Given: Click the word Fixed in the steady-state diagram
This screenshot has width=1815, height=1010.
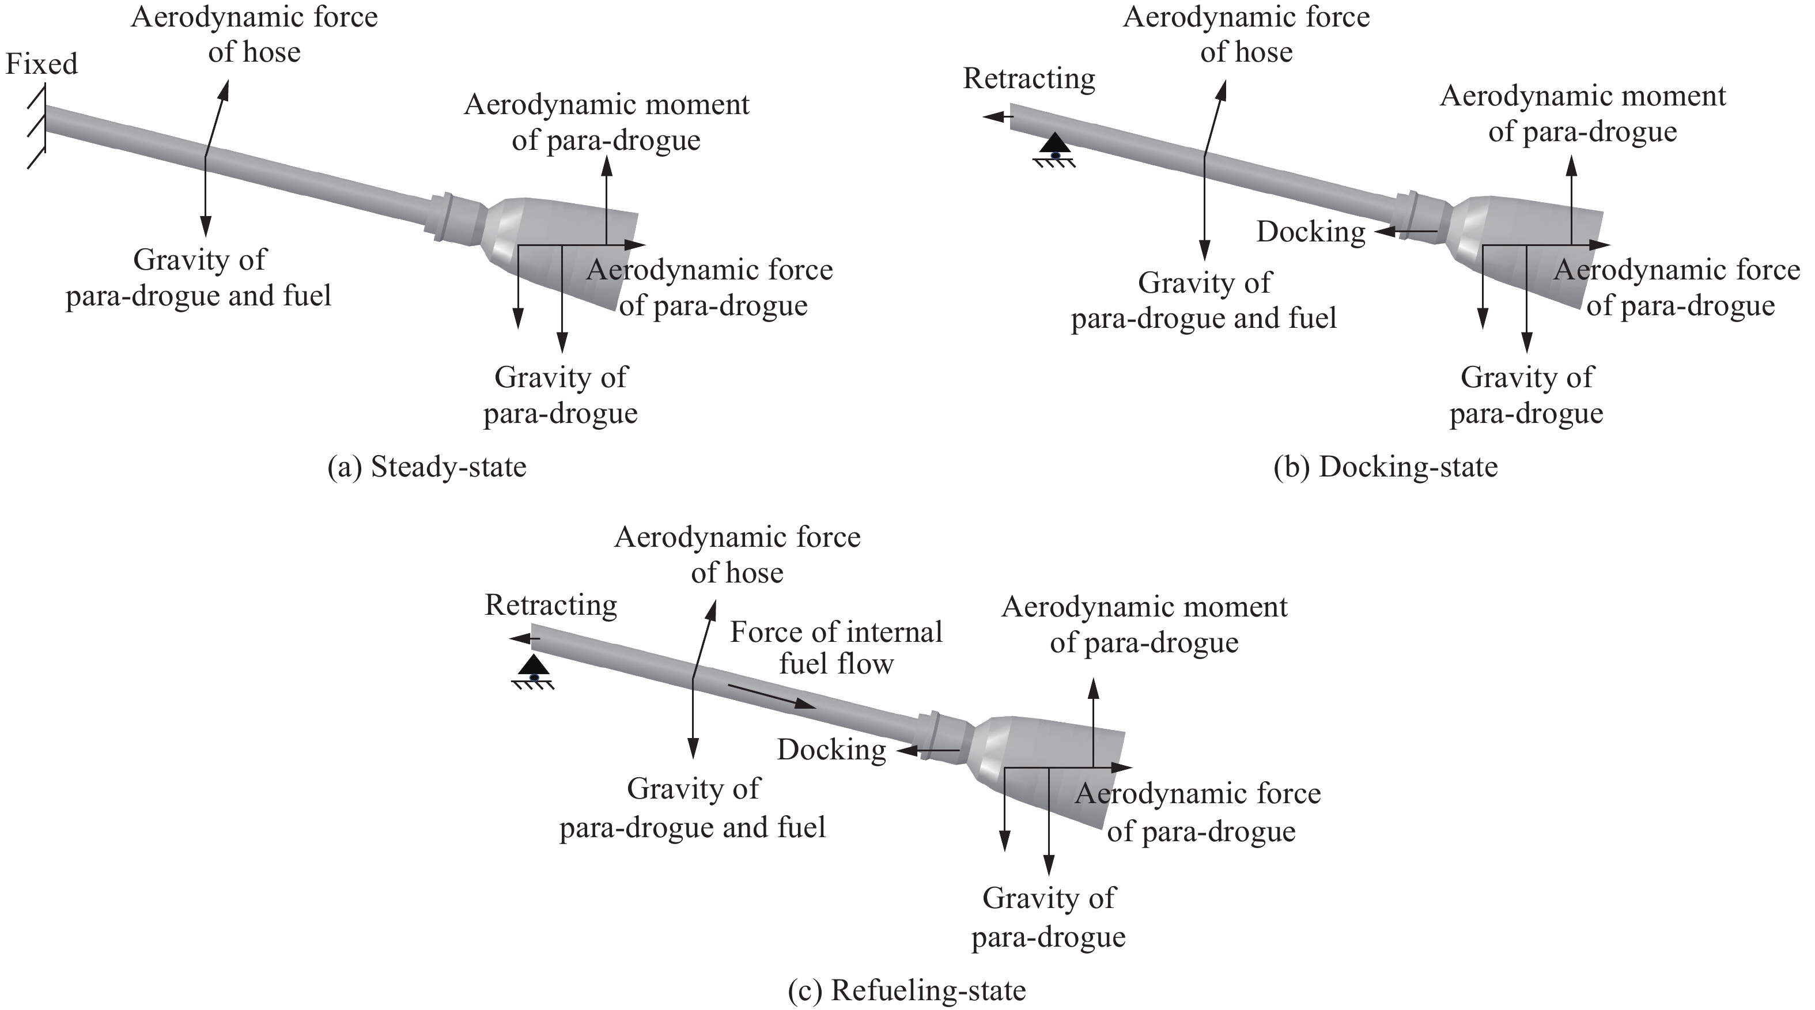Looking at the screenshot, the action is (41, 64).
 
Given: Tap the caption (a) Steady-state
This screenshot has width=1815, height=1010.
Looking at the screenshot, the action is (427, 467).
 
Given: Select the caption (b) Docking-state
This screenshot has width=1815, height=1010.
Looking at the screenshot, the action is (1385, 467).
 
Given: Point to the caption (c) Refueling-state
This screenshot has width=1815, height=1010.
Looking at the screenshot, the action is (907, 990).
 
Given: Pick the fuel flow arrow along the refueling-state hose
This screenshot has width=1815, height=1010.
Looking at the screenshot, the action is (772, 695).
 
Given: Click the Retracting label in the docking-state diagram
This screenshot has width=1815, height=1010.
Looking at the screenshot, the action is (1030, 79).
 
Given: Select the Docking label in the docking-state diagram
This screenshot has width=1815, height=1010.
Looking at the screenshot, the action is (1310, 232).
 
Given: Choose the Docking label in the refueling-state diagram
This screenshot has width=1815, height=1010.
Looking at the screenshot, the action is (831, 751).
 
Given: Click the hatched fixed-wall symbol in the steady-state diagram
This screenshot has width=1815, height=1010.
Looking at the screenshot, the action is (37, 127).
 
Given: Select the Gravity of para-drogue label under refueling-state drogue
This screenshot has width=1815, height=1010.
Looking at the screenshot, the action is (1049, 918).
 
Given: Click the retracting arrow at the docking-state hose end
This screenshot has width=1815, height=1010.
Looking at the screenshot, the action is (999, 116).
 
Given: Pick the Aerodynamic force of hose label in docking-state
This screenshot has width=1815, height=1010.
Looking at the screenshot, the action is (1246, 35).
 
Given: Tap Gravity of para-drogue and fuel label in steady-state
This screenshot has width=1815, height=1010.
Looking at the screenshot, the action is (199, 278).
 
